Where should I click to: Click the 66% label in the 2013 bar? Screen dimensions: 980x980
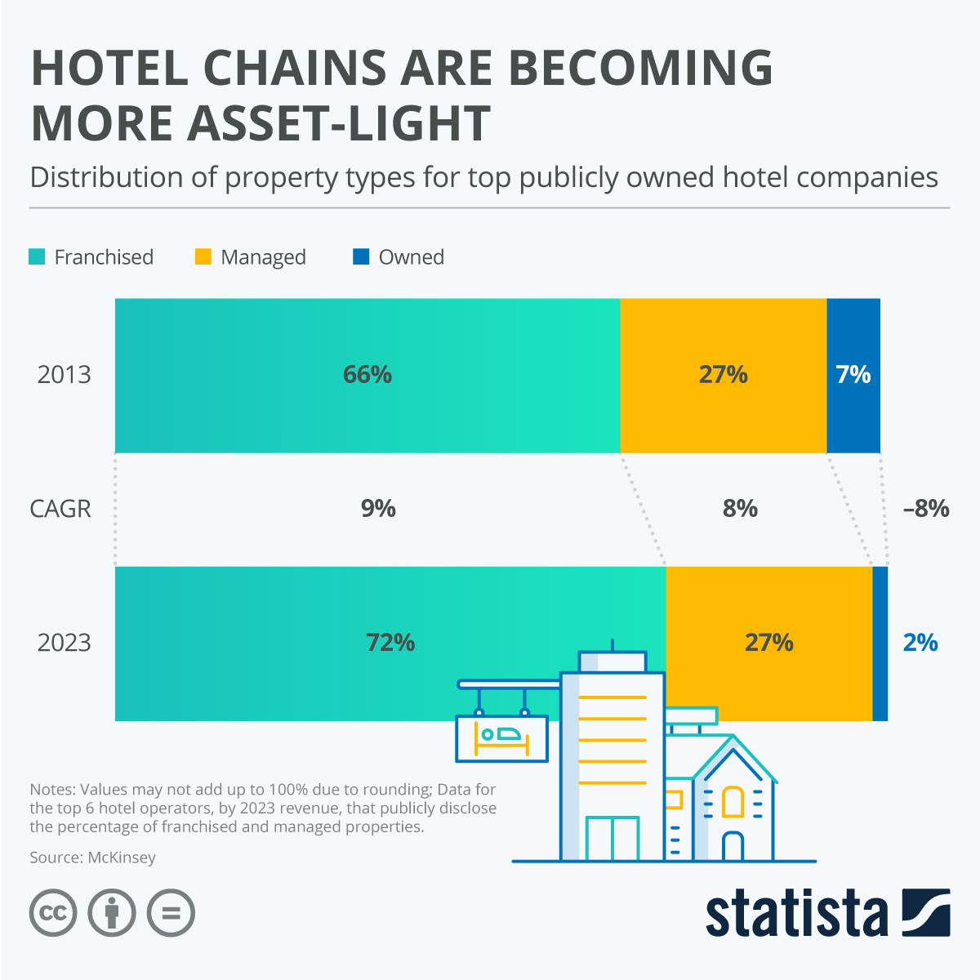(x=367, y=375)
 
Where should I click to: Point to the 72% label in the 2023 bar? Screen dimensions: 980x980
(x=390, y=643)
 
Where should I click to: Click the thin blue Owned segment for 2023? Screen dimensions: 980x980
(x=880, y=644)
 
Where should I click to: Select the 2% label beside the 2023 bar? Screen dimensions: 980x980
(x=920, y=643)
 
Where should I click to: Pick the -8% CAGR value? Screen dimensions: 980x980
(x=926, y=509)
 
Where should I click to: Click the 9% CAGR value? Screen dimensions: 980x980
(x=378, y=509)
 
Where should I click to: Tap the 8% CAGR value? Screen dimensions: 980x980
(x=740, y=509)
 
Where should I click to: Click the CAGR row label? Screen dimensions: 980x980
(x=60, y=509)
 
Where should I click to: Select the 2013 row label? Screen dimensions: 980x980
(x=64, y=375)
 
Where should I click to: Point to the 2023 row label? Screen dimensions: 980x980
(x=64, y=643)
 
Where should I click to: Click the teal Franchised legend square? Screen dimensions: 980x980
(x=37, y=256)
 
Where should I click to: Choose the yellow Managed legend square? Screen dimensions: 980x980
(x=203, y=256)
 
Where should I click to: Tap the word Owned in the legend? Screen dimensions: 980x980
(x=412, y=257)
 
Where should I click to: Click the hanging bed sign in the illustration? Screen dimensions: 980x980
(x=501, y=737)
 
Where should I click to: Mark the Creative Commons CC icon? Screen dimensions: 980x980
(x=53, y=912)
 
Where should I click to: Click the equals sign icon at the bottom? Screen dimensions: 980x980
(x=171, y=912)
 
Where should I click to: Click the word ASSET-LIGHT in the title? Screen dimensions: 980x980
(x=338, y=123)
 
